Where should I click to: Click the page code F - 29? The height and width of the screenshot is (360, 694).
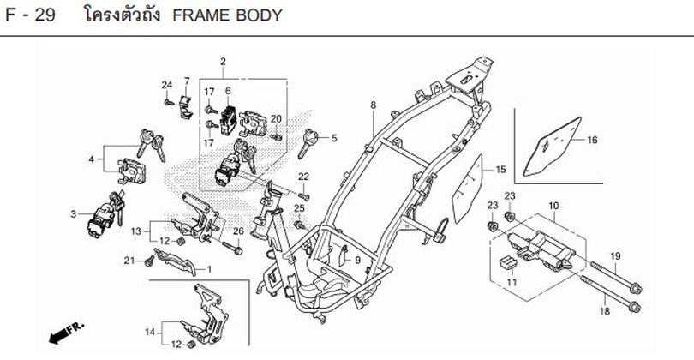pyautogui.click(x=30, y=15)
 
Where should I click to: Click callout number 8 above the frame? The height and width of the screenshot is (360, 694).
pyautogui.click(x=373, y=105)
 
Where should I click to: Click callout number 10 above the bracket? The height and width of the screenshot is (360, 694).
pyautogui.click(x=553, y=207)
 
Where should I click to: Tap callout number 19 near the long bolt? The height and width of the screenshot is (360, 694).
pyautogui.click(x=614, y=257)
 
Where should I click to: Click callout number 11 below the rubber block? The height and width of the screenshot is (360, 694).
pyautogui.click(x=512, y=282)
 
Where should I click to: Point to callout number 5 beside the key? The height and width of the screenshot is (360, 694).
pyautogui.click(x=333, y=137)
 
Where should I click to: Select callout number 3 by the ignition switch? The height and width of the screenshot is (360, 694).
pyautogui.click(x=73, y=213)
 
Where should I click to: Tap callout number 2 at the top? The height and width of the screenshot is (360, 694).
pyautogui.click(x=223, y=61)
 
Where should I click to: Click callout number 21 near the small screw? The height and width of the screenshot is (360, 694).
pyautogui.click(x=129, y=260)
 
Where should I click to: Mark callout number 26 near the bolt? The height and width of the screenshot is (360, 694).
pyautogui.click(x=238, y=231)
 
